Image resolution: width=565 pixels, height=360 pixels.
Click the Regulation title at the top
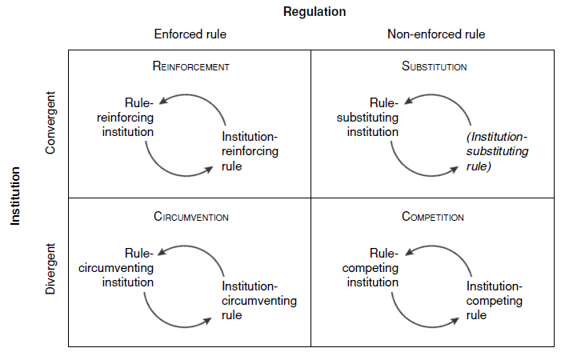tap(314, 11)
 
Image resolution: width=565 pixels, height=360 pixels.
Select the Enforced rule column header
tap(190, 34)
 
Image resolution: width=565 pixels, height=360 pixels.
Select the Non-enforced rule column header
tap(435, 34)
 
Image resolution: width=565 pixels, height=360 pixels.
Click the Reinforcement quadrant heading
tap(190, 66)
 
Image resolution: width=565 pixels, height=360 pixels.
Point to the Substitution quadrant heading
tap(434, 66)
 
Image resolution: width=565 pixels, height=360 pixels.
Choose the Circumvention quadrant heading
tap(191, 217)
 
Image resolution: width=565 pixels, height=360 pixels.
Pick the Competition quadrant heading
tap(433, 217)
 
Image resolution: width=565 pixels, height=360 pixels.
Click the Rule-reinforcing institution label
tap(127, 117)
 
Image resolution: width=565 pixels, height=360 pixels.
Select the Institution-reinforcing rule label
tap(250, 151)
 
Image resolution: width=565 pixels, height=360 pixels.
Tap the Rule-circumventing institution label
tap(116, 267)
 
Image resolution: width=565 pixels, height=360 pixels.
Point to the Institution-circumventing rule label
tap(258, 301)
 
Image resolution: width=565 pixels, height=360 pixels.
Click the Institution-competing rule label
tap(494, 301)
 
